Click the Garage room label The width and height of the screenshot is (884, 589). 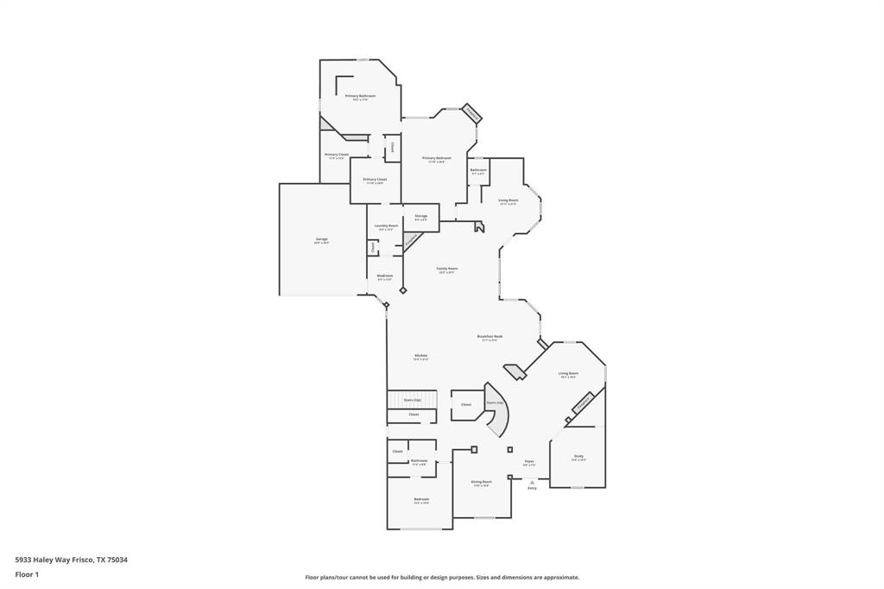click(x=321, y=239)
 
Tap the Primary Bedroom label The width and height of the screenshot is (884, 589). click(x=437, y=158)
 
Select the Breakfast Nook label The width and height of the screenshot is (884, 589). click(x=489, y=337)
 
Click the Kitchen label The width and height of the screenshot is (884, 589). click(x=420, y=356)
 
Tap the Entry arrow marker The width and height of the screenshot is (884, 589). click(x=532, y=482)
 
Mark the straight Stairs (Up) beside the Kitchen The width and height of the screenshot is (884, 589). click(x=412, y=400)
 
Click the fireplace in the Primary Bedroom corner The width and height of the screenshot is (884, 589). click(x=471, y=113)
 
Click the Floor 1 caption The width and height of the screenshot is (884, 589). click(x=27, y=574)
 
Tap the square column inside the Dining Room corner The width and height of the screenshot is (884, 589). click(x=474, y=449)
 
